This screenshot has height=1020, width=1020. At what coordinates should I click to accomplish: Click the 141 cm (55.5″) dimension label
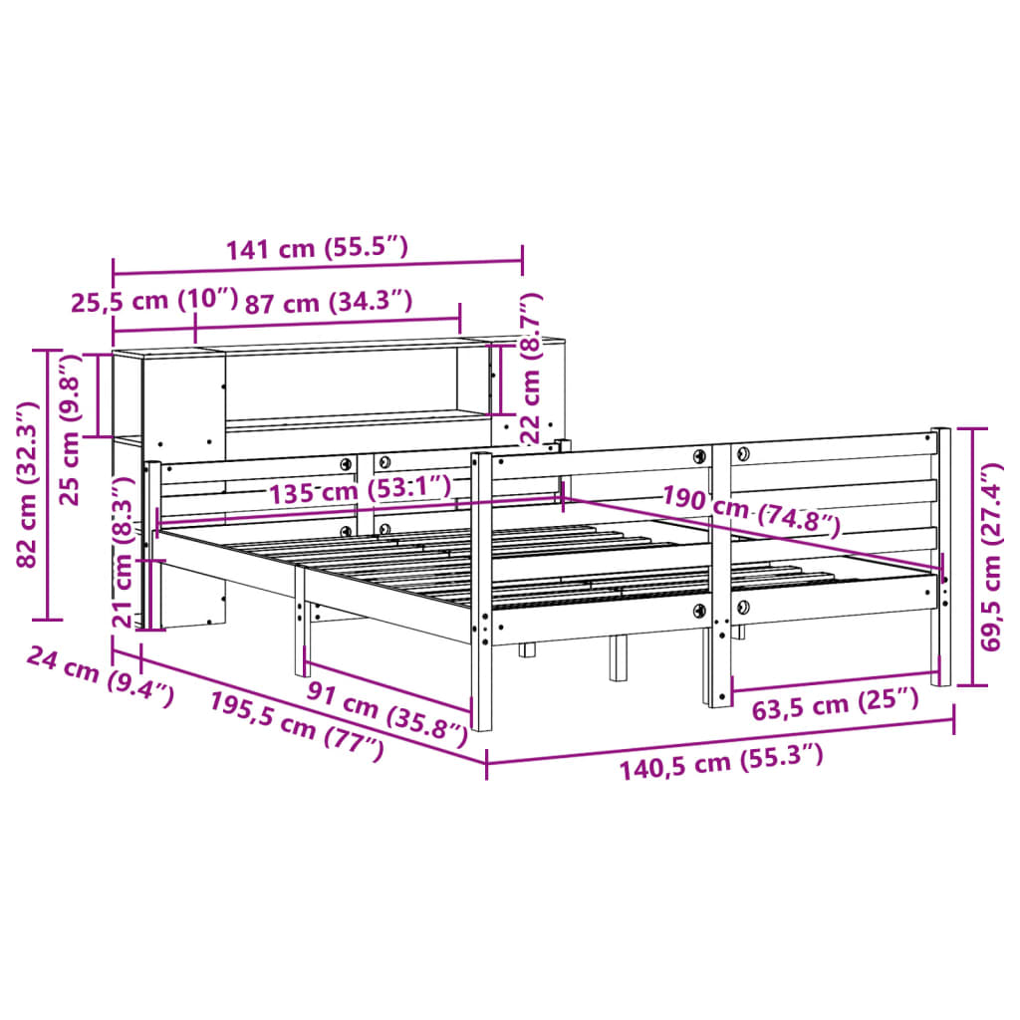[x=317, y=249]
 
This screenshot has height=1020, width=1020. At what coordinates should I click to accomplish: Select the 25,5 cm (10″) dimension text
[x=154, y=301]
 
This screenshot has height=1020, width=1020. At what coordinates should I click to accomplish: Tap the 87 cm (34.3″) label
[x=328, y=301]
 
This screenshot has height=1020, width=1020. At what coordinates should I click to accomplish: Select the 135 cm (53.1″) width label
[x=358, y=489]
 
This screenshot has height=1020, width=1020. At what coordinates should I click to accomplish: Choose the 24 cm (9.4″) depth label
[x=100, y=675]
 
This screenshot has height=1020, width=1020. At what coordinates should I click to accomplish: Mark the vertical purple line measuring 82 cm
[x=48, y=484]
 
